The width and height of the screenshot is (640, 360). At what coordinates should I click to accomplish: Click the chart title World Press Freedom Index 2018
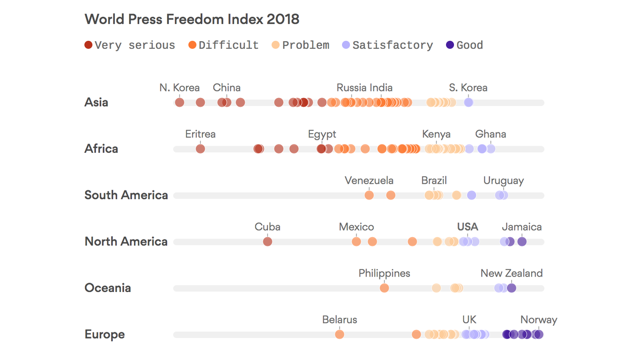tap(192, 19)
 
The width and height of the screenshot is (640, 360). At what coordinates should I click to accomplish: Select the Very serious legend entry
tap(130, 45)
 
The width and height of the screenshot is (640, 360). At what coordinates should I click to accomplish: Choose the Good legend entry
tap(464, 45)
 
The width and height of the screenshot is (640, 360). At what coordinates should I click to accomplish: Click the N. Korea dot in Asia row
tap(179, 103)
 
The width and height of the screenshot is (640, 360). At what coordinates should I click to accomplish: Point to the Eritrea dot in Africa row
tap(201, 149)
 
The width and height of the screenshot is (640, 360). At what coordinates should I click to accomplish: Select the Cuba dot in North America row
tap(268, 242)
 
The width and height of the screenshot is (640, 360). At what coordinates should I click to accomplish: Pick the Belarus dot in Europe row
tap(340, 335)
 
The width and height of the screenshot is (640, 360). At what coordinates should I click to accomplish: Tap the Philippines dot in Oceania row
tap(384, 288)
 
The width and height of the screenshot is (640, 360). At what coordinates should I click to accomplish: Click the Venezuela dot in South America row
tap(369, 195)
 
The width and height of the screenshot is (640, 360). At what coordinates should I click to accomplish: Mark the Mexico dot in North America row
tap(357, 242)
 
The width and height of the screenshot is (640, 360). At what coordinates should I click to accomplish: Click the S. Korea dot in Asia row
tap(469, 103)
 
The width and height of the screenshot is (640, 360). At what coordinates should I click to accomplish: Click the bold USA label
tap(468, 227)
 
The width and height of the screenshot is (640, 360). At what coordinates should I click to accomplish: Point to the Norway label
tap(539, 320)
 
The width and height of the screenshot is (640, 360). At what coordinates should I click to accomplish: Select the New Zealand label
tap(512, 274)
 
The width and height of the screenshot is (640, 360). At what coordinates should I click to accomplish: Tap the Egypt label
tap(322, 135)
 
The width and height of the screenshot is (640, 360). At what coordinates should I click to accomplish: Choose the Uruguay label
tap(504, 181)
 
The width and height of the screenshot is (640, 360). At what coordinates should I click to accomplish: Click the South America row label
tap(126, 195)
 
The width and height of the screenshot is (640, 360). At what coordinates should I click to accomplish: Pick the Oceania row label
tap(108, 288)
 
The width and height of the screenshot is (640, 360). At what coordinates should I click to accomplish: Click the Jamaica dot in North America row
tap(522, 242)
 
